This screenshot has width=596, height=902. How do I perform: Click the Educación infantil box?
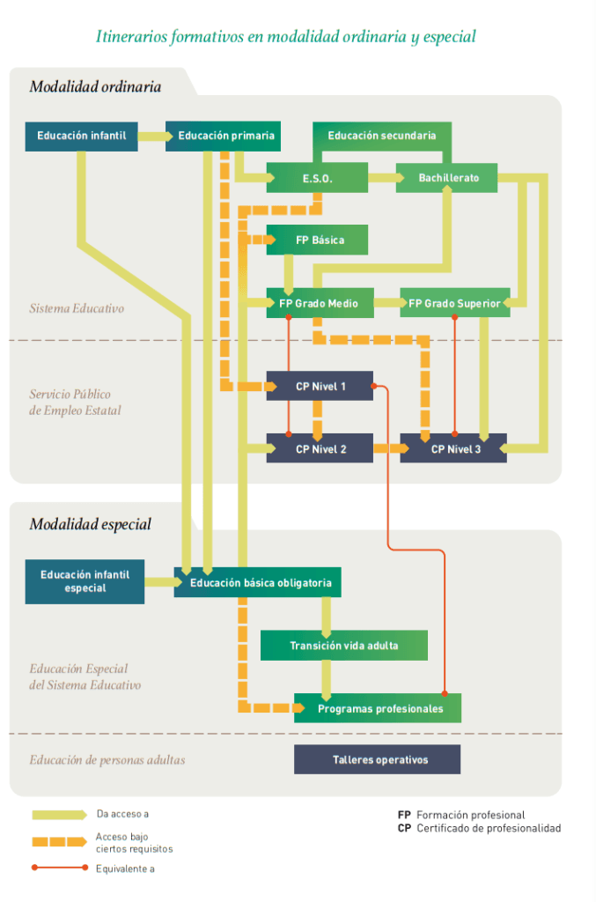pyautogui.click(x=81, y=137)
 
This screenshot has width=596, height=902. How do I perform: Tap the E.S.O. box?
pyautogui.click(x=317, y=178)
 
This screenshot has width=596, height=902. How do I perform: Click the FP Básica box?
pyautogui.click(x=317, y=240)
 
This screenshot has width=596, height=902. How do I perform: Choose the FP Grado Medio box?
pyautogui.click(x=320, y=303)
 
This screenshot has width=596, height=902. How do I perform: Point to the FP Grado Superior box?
pyautogui.click(x=453, y=303)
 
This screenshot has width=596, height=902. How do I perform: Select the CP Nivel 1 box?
pyautogui.click(x=320, y=386)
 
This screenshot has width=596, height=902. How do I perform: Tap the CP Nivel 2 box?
pyautogui.click(x=320, y=448)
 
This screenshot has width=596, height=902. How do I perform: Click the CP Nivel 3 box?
pyautogui.click(x=453, y=448)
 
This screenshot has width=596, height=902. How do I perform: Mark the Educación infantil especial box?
pyautogui.click(x=85, y=581)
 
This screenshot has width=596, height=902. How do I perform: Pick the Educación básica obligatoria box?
pyautogui.click(x=258, y=582)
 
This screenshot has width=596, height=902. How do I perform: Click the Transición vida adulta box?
pyautogui.click(x=343, y=646)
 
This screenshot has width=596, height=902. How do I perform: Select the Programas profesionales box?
pyautogui.click(x=378, y=708)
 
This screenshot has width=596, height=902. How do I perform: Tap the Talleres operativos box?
pyautogui.click(x=377, y=759)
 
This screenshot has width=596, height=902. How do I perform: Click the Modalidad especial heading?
pyautogui.click(x=90, y=524)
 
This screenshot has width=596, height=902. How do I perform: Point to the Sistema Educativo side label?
pyautogui.click(x=77, y=308)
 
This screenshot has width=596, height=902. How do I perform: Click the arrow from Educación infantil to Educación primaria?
pyautogui.click(x=155, y=137)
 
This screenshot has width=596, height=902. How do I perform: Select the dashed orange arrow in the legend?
pyautogui.click(x=59, y=842)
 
